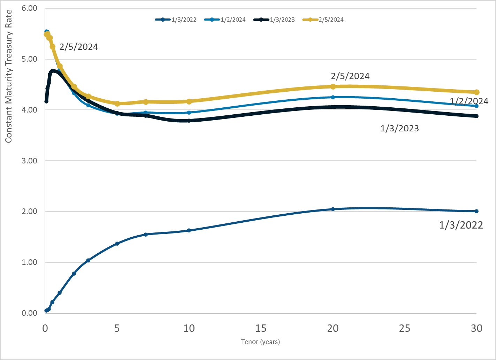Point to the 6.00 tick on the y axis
click(29, 8)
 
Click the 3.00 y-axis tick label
click(29, 161)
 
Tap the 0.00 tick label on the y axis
click(29, 313)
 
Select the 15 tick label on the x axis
click(261, 328)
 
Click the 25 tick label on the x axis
click(405, 328)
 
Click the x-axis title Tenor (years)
click(260, 342)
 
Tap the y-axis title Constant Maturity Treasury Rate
click(9, 76)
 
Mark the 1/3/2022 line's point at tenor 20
click(333, 209)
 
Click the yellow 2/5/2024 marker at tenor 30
click(476, 92)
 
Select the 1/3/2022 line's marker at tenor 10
click(189, 230)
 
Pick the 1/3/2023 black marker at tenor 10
click(189, 121)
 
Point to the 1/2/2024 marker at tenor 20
click(333, 97)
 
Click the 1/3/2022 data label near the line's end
click(461, 225)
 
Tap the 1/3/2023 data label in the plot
click(399, 129)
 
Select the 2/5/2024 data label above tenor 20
click(350, 76)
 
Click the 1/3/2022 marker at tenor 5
click(117, 244)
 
